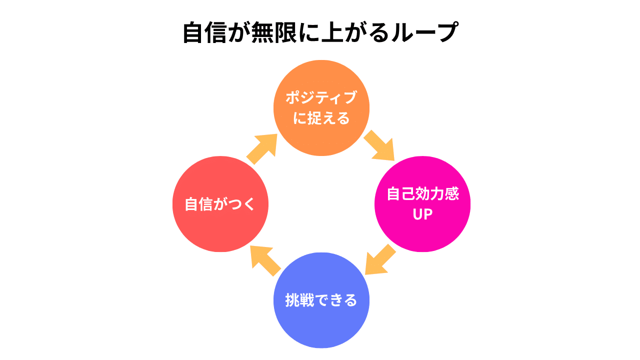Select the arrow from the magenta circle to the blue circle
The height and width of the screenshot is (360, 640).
click(x=380, y=259)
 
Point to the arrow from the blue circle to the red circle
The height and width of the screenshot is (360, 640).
click(x=265, y=261)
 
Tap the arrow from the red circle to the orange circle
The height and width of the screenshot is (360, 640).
click(x=262, y=148)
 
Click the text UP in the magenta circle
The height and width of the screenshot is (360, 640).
click(x=422, y=214)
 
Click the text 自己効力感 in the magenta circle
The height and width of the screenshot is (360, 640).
click(x=422, y=194)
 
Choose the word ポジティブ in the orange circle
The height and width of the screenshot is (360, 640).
click(x=321, y=97)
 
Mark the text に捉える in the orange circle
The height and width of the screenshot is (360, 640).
click(x=321, y=118)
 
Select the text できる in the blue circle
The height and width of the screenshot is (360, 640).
click(x=335, y=300)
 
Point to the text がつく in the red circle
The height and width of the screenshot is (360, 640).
click(x=234, y=204)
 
